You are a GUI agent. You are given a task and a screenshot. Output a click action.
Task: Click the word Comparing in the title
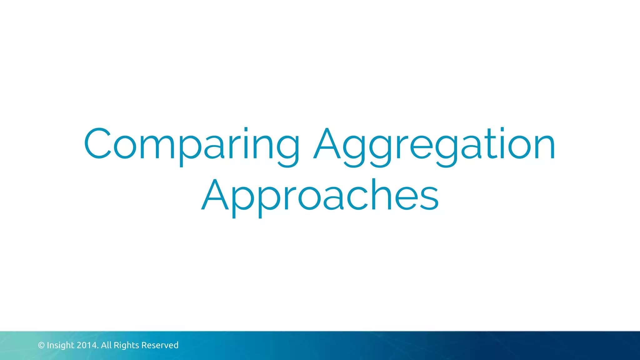click(x=191, y=144)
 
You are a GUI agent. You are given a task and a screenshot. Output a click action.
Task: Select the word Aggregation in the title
click(x=434, y=144)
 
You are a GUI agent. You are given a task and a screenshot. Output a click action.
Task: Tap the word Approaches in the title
click(x=320, y=195)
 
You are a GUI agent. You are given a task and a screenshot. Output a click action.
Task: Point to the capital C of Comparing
click(x=97, y=143)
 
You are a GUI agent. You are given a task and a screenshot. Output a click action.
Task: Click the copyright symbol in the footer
click(x=41, y=345)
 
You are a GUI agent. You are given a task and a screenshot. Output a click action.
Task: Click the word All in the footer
click(x=106, y=345)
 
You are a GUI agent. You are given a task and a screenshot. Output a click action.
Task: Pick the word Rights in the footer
click(x=126, y=345)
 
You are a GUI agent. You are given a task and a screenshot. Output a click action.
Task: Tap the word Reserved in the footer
click(x=160, y=345)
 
